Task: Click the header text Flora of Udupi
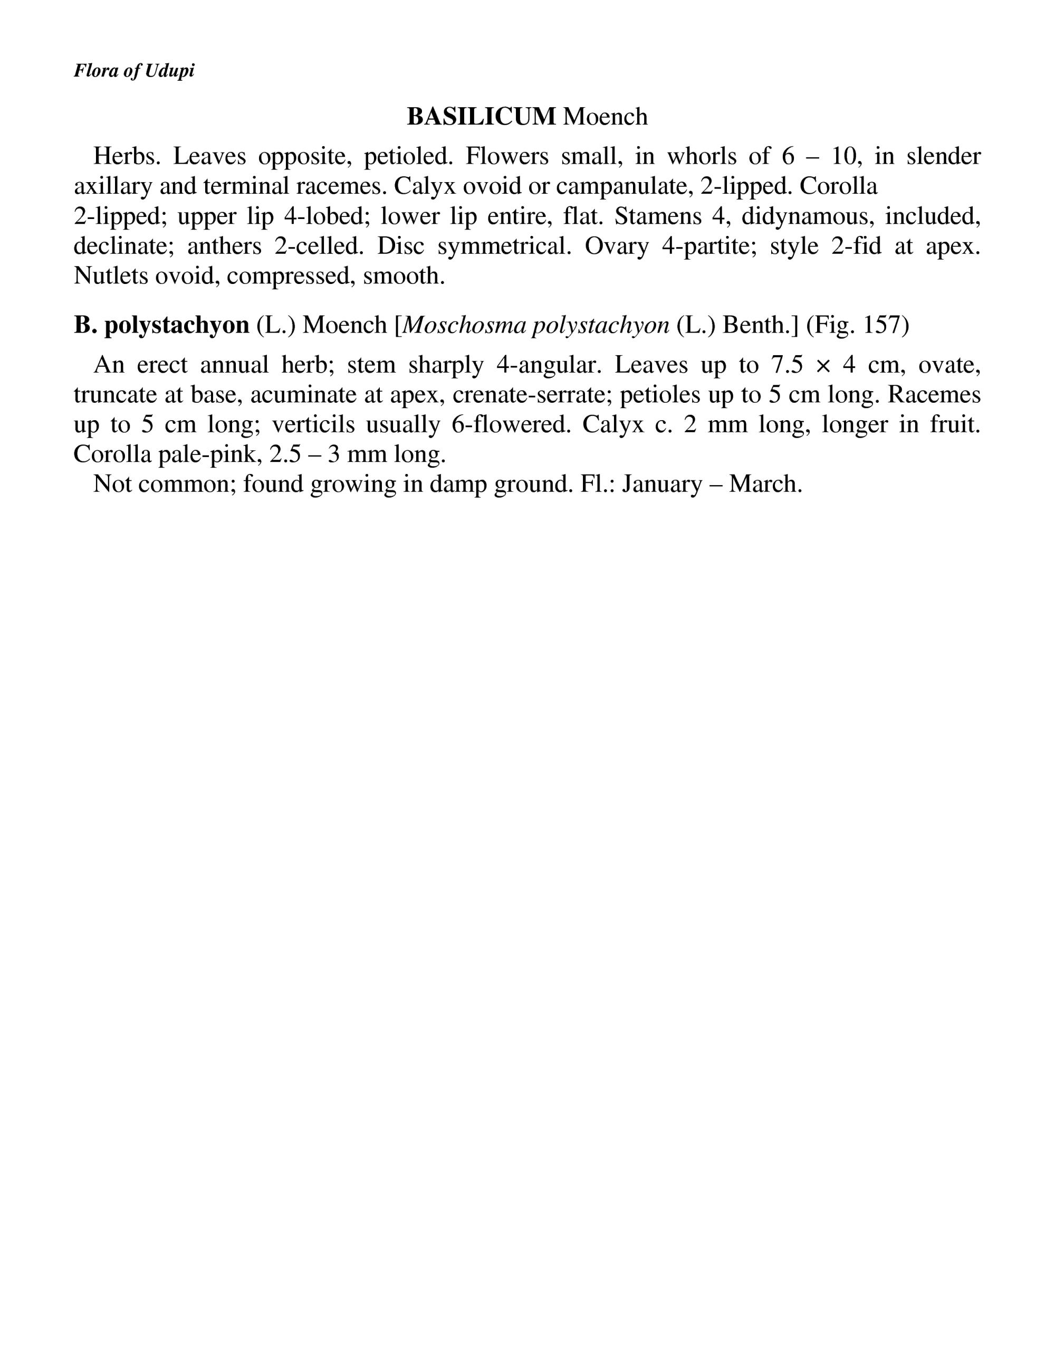click(134, 71)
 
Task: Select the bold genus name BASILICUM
click(481, 116)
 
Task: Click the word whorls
click(701, 156)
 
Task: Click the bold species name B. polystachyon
click(161, 325)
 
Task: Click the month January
click(662, 483)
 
